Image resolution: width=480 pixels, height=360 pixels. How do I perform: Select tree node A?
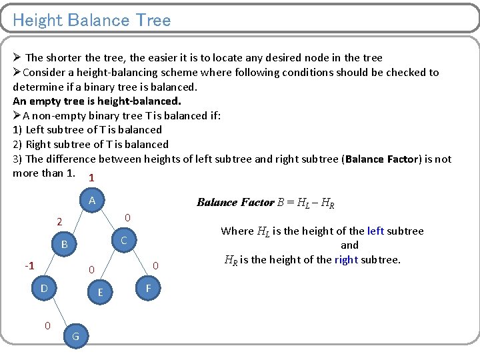[x=92, y=201]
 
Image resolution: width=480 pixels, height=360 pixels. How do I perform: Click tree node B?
[x=64, y=245]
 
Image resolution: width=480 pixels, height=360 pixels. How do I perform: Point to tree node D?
[x=44, y=288]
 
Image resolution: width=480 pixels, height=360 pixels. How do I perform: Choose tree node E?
[x=100, y=292]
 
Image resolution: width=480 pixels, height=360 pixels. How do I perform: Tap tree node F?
[x=148, y=288]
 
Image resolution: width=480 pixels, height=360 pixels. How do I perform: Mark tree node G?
[x=75, y=337]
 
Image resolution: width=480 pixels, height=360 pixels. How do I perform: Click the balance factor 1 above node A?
[x=91, y=179]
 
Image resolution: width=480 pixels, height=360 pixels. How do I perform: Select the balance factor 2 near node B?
[x=59, y=222]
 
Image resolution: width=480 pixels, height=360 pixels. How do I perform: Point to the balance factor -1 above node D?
[x=29, y=266]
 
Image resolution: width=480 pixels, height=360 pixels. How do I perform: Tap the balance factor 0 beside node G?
[x=47, y=325]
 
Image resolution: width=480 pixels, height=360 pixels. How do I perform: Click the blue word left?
[x=375, y=231]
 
